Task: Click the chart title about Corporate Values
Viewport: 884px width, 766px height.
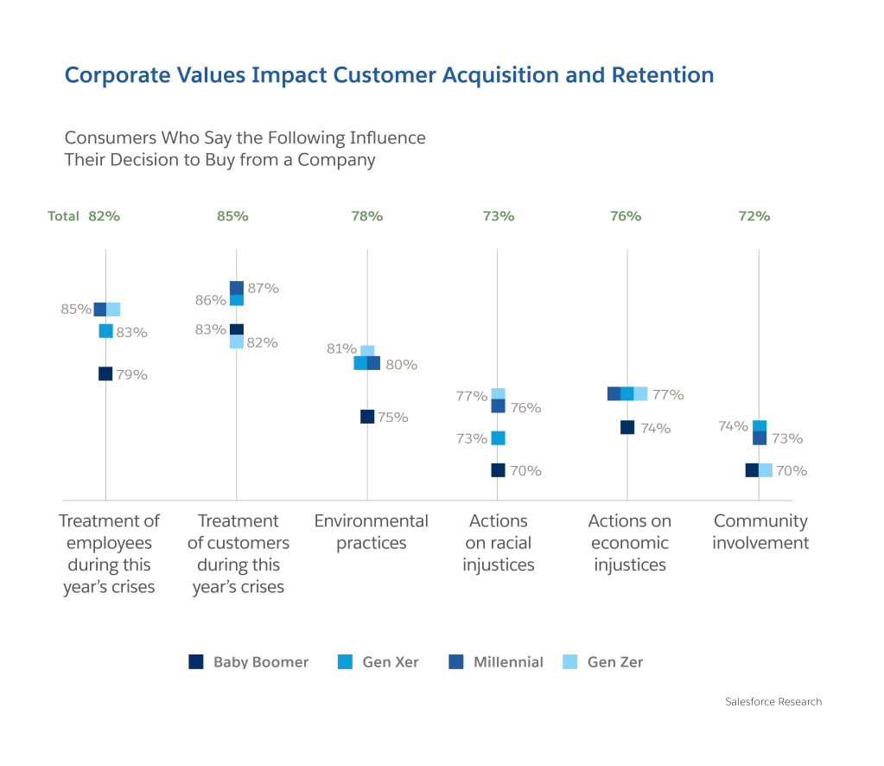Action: [389, 75]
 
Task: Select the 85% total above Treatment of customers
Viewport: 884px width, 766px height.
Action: [232, 216]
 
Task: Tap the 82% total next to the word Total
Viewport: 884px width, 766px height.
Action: [104, 216]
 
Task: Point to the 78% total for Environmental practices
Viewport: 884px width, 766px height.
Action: [366, 216]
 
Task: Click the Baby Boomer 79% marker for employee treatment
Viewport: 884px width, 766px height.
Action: [105, 373]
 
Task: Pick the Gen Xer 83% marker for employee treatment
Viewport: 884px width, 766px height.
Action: [105, 330]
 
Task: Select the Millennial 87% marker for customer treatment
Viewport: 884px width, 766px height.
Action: [236, 288]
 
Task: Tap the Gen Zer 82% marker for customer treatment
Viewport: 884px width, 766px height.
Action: [236, 342]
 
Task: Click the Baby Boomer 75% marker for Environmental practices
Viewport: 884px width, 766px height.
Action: [367, 416]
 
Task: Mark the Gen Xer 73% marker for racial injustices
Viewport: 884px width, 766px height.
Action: [498, 437]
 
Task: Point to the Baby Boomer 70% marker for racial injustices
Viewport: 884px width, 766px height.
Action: [498, 469]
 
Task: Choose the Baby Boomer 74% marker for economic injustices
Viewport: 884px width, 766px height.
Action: [628, 427]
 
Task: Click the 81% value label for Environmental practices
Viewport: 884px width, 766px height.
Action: [340, 348]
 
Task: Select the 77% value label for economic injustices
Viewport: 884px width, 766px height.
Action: [668, 394]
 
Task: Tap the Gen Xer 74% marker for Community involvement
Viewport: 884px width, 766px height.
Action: [760, 425]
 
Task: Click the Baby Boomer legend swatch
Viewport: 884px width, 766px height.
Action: [196, 661]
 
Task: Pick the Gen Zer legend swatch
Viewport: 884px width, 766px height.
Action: [570, 661]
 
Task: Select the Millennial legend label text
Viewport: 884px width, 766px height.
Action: [508, 662]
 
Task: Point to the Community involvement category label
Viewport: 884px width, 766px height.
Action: [760, 532]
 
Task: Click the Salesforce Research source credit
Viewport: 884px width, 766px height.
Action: [773, 701]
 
